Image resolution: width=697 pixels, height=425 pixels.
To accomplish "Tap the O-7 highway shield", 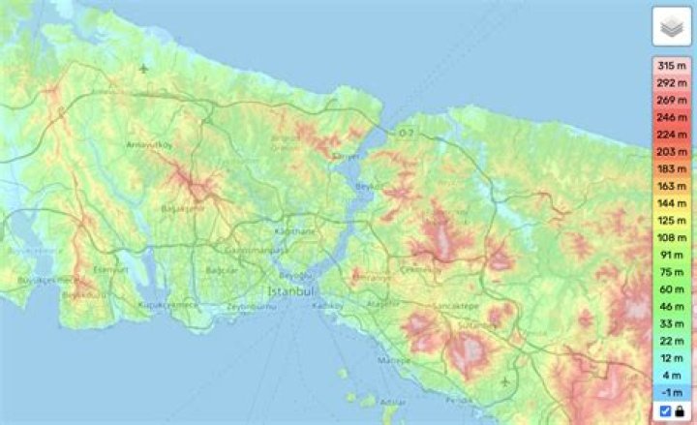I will coord(406,132).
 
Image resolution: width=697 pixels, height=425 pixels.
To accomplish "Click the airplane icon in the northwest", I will coord(145,69).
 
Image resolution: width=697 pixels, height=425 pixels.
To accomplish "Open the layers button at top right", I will coord(672,28).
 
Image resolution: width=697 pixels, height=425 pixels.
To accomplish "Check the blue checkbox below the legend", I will coord(665,411).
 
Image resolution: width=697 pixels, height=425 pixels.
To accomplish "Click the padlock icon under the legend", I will coord(680,411).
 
